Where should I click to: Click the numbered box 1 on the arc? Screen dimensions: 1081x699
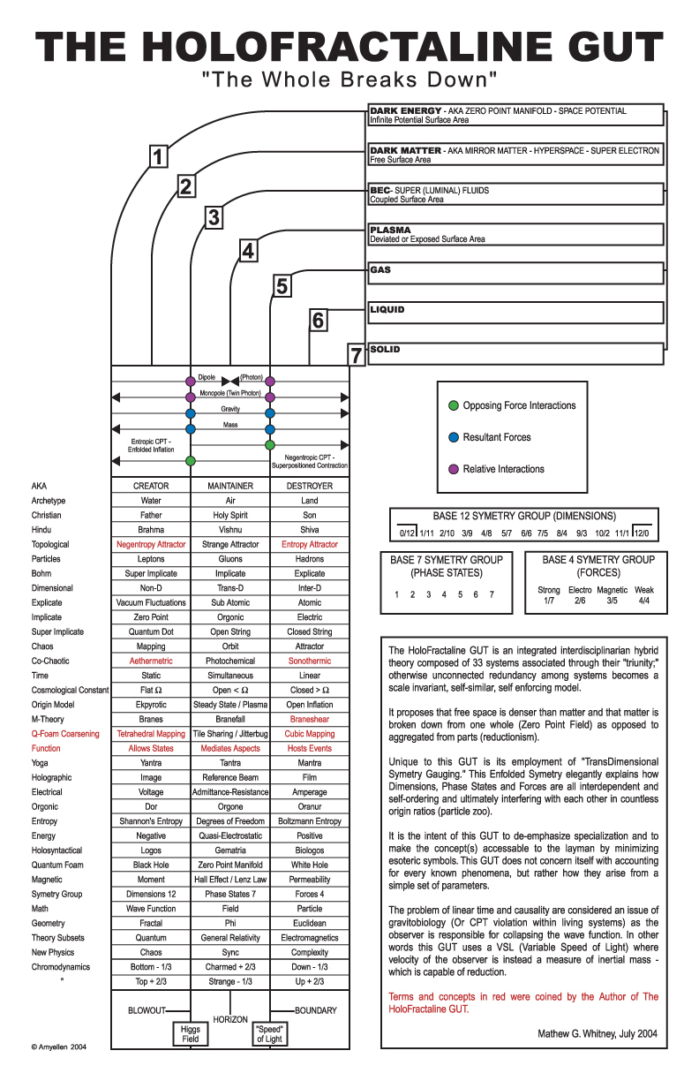(156, 157)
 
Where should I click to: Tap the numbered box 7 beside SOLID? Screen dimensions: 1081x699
(357, 355)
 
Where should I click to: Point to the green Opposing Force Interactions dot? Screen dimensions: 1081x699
(454, 406)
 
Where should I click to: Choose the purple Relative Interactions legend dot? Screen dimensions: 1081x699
(454, 469)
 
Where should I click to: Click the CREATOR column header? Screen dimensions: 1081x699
(151, 486)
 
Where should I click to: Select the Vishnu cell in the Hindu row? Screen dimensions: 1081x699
(230, 530)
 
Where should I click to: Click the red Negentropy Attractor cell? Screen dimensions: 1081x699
(151, 545)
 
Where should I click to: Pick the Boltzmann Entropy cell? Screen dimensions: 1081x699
(309, 821)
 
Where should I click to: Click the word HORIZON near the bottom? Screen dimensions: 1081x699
(230, 1018)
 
